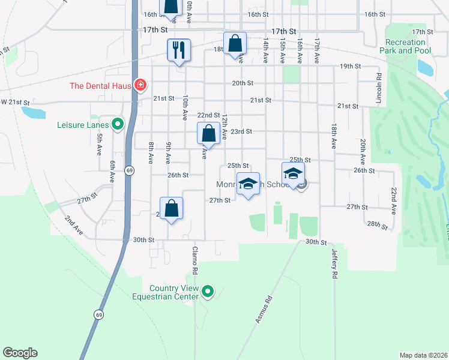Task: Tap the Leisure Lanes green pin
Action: point(118,125)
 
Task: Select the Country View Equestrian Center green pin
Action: point(208,292)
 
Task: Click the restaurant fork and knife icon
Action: point(178,49)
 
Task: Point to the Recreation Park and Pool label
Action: point(406,47)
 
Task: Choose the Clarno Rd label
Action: point(195,260)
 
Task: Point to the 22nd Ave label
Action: point(394,201)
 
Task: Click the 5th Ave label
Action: point(100,145)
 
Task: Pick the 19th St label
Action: point(349,66)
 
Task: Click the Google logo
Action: point(20,353)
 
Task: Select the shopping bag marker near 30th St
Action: point(172,209)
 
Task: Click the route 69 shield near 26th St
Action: point(130,170)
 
